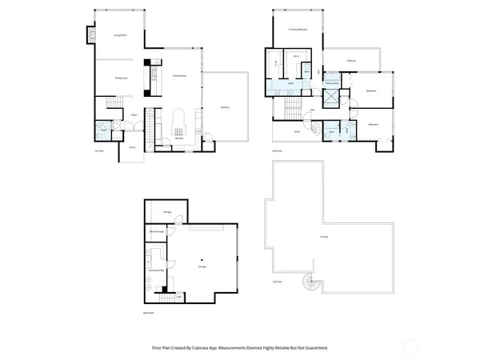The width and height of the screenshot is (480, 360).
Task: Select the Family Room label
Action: point(179,75)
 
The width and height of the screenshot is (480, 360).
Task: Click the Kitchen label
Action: point(179,138)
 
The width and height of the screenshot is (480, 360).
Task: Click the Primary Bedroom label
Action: point(299,30)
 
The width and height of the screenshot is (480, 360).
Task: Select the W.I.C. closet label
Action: point(296,57)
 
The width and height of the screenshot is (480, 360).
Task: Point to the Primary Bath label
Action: point(330,82)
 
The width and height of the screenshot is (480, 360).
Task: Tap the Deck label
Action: point(296,131)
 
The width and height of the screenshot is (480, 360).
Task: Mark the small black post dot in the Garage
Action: point(202,258)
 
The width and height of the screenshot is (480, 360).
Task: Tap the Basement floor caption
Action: point(149,313)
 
